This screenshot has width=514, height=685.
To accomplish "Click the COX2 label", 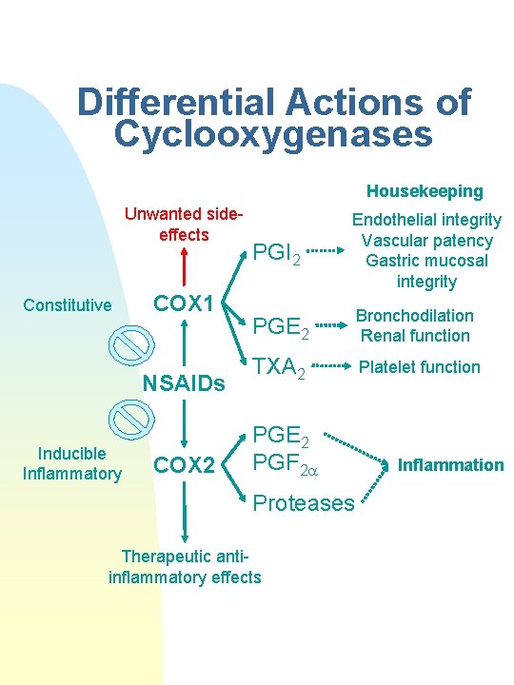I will click(x=185, y=464).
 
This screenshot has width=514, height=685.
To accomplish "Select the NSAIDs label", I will click(x=183, y=383).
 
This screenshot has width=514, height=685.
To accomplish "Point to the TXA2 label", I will click(x=279, y=369).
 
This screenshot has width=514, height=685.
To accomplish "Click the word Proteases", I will click(x=303, y=503).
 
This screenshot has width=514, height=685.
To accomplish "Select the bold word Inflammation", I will click(x=450, y=465).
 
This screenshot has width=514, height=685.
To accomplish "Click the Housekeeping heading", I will click(x=425, y=191).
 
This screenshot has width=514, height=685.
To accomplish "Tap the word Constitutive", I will click(x=68, y=305).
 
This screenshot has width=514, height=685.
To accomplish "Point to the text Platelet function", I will click(x=420, y=366).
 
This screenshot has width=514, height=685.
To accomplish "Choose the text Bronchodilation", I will click(x=415, y=316).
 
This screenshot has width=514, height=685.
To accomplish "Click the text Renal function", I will click(x=415, y=335).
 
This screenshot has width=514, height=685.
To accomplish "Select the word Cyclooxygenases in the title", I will click(x=272, y=134).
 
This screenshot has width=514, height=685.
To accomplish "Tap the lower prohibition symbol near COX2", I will click(x=130, y=417).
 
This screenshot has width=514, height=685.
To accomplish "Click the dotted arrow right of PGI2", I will click(x=326, y=252).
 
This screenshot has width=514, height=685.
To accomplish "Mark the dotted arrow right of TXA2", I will click(x=328, y=365).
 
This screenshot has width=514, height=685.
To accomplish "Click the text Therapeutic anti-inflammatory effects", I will click(x=185, y=567).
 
